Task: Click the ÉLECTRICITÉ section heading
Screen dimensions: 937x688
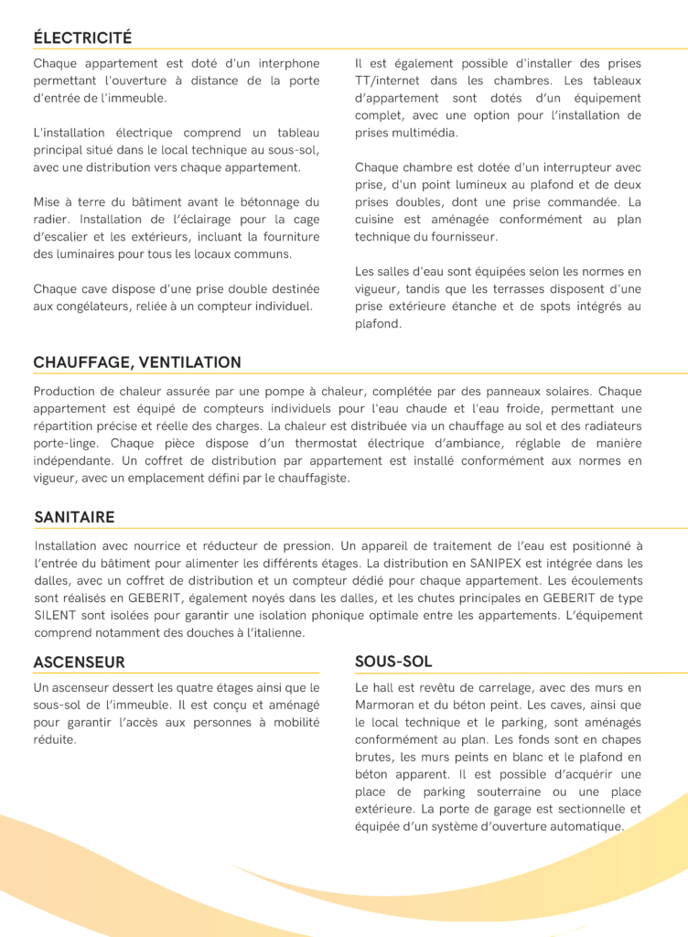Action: click(82, 38)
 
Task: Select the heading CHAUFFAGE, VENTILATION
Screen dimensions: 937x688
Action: click(137, 362)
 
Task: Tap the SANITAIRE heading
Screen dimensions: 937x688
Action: click(74, 517)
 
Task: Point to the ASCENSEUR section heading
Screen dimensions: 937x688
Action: click(79, 662)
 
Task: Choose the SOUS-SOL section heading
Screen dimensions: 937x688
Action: click(393, 661)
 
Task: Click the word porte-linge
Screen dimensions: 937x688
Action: click(68, 443)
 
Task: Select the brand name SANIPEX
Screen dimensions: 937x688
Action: click(500, 564)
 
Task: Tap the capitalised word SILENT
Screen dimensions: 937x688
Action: click(55, 616)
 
